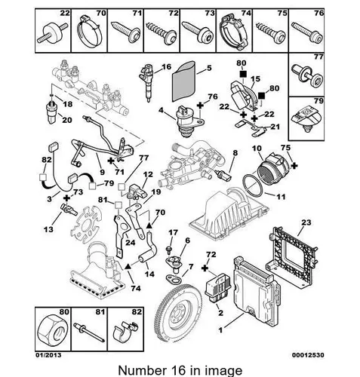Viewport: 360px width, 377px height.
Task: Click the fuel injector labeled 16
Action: tap(147, 81)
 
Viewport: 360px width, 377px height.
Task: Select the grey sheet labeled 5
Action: tap(183, 81)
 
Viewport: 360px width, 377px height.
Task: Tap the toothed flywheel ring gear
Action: tap(179, 313)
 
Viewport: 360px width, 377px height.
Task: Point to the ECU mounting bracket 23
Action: tap(292, 257)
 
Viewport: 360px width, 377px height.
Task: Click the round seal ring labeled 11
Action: tap(252, 185)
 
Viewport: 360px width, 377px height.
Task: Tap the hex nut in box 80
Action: tap(52, 329)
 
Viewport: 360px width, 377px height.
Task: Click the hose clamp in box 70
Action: tap(89, 31)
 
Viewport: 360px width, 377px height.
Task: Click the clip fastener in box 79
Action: tap(306, 119)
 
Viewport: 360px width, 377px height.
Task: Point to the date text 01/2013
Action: tap(48, 355)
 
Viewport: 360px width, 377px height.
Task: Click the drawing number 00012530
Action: tap(308, 355)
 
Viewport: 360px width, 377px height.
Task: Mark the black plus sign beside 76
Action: tap(200, 106)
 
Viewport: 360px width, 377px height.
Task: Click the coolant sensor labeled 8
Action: tap(223, 175)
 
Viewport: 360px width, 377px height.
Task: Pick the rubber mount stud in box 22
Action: tap(53, 32)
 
